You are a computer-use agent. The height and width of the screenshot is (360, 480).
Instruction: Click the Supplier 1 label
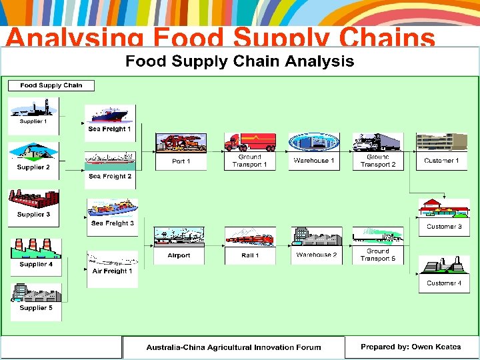coord(33,121)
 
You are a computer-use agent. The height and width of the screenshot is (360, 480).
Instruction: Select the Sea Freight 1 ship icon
coord(110,115)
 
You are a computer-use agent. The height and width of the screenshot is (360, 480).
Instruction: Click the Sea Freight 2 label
coord(110,177)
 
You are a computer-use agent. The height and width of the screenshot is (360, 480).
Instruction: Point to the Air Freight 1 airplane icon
coord(112,259)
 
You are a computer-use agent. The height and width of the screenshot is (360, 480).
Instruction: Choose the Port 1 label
coord(181,161)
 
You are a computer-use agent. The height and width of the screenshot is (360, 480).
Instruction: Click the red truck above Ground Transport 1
coord(250,142)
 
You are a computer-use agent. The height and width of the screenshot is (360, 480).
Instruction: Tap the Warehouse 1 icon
coord(313,143)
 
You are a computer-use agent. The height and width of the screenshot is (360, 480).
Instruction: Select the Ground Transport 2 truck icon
coord(378,143)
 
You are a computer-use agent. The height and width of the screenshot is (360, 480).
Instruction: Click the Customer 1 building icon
coord(441,143)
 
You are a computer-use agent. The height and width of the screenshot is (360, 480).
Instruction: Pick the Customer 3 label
coord(444,227)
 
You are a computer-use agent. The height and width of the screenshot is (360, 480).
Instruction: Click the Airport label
coord(179,255)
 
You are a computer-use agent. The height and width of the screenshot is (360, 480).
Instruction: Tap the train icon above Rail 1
coord(250,237)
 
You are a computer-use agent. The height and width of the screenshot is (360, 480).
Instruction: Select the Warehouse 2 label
coord(317,255)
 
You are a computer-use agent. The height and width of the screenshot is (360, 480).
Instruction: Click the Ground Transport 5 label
coord(378,255)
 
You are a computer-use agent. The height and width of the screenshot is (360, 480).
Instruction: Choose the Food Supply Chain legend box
coord(51,85)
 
